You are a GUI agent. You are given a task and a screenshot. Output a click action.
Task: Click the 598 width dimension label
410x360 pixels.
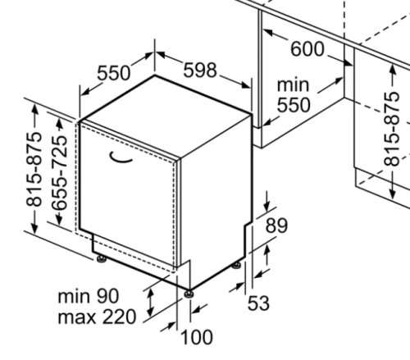click(x=200, y=70)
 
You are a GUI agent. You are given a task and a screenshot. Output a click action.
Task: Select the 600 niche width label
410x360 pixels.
click(x=307, y=49)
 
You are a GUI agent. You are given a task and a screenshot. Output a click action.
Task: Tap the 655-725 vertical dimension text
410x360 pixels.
click(x=60, y=173)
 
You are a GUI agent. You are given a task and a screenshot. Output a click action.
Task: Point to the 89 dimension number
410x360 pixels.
click(x=276, y=226)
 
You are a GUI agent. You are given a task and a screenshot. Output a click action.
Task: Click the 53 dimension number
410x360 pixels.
click(x=258, y=303)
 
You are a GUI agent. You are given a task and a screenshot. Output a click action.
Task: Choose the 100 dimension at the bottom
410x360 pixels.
click(x=197, y=337)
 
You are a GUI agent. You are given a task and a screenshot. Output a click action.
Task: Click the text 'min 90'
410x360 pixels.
click(x=89, y=296)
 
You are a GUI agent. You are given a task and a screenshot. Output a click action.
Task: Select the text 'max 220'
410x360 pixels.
click(x=97, y=317)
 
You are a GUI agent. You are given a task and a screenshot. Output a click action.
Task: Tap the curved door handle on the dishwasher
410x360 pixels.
click(x=121, y=158)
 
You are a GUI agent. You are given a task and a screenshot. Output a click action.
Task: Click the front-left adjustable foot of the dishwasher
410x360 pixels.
click(x=102, y=258)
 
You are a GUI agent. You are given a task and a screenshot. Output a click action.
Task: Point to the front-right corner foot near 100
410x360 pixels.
click(x=189, y=294)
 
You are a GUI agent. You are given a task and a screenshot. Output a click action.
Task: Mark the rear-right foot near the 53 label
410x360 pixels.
click(x=236, y=265)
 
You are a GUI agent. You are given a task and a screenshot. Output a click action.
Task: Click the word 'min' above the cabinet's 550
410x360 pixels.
click(x=293, y=84)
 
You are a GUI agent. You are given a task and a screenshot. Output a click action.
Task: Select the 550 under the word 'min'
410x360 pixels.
click(x=294, y=104)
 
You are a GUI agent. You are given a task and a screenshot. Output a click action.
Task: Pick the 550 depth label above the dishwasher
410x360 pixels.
click(x=114, y=73)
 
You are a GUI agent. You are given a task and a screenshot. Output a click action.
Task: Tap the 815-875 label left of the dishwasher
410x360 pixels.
click(x=34, y=169)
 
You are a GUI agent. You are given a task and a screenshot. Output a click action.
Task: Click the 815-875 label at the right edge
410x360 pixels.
click(x=392, y=129)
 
